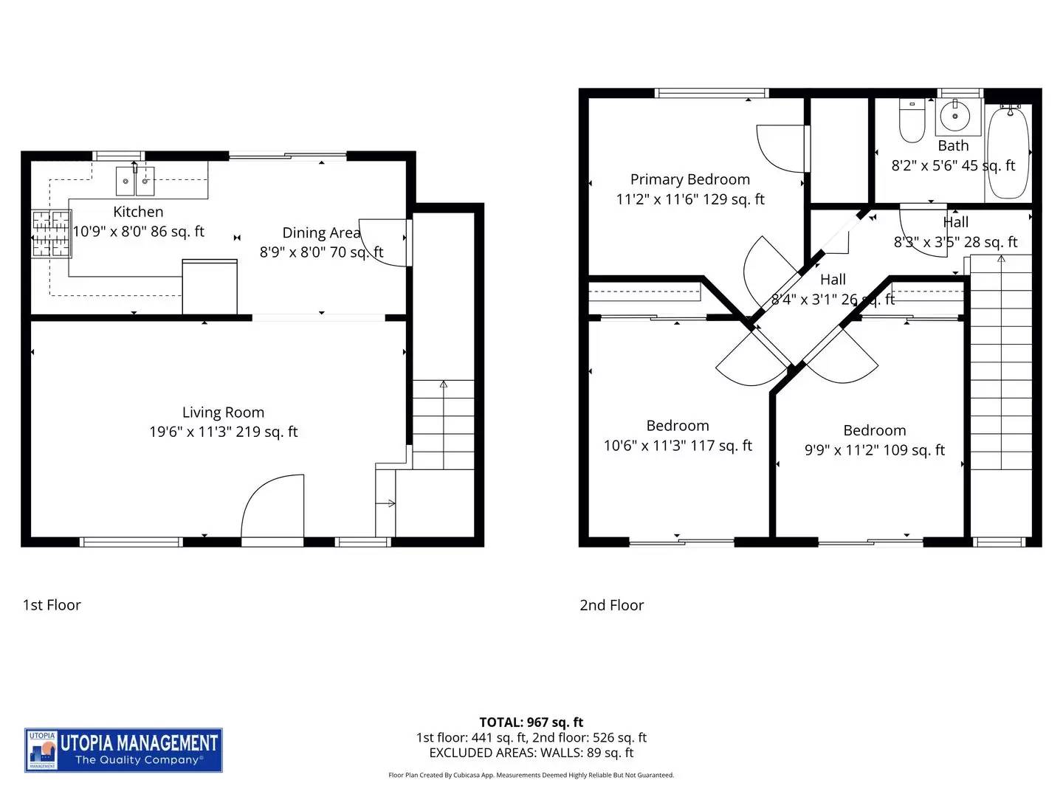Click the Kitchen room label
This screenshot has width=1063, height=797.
pyautogui.click(x=138, y=212)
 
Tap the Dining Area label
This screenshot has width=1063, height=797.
pyautogui.click(x=321, y=233)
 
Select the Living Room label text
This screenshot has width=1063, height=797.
pyautogui.click(x=223, y=413)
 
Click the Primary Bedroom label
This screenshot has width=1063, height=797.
pyautogui.click(x=689, y=179)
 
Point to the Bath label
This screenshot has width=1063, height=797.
pyautogui.click(x=953, y=146)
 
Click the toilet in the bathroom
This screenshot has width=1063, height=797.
pyautogui.click(x=912, y=122)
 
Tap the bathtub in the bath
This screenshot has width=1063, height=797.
pyautogui.click(x=1008, y=151)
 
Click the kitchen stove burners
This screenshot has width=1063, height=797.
pyautogui.click(x=51, y=234)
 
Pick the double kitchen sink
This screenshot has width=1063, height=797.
pyautogui.click(x=135, y=180)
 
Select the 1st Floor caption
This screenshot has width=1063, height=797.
pyautogui.click(x=52, y=605)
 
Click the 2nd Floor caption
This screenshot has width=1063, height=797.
pyautogui.click(x=611, y=605)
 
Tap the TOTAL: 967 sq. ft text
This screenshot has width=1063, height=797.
pyautogui.click(x=531, y=722)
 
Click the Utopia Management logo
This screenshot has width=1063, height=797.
pyautogui.click(x=123, y=750)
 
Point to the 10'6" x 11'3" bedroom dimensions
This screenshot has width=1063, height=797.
pyautogui.click(x=678, y=446)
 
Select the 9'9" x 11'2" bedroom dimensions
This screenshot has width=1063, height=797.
pyautogui.click(x=874, y=450)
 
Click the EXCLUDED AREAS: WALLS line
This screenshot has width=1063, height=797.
pyautogui.click(x=531, y=753)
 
